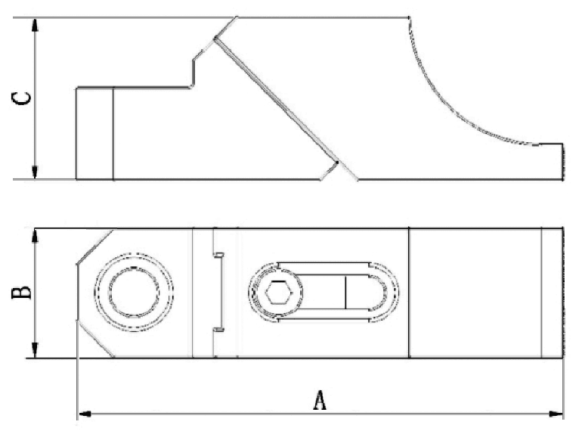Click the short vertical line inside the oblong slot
[345, 292]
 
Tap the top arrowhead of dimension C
[35, 23]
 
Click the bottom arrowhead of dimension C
[35, 173]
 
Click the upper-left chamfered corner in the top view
[94, 247]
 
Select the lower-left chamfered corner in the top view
[94, 339]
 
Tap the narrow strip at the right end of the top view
[552, 292]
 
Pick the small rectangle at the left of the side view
[94, 134]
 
